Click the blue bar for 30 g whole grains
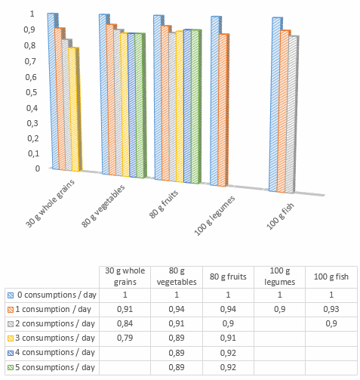point(52,91)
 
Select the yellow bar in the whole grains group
point(74,110)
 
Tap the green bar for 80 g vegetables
point(140,105)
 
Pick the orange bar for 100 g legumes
point(224,110)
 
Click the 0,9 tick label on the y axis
point(30,29)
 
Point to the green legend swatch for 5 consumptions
point(10,366)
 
